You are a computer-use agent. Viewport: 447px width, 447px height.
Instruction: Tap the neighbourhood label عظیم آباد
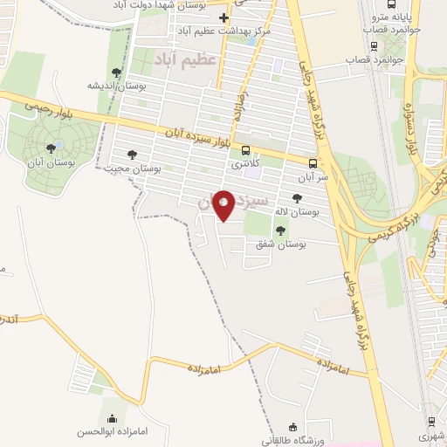[x=184, y=59]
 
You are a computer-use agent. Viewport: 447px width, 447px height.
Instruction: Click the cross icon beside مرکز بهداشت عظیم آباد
[x=223, y=17]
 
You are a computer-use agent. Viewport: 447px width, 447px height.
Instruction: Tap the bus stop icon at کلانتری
[x=244, y=149]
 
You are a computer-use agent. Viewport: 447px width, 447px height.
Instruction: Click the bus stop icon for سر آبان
[x=313, y=162]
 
